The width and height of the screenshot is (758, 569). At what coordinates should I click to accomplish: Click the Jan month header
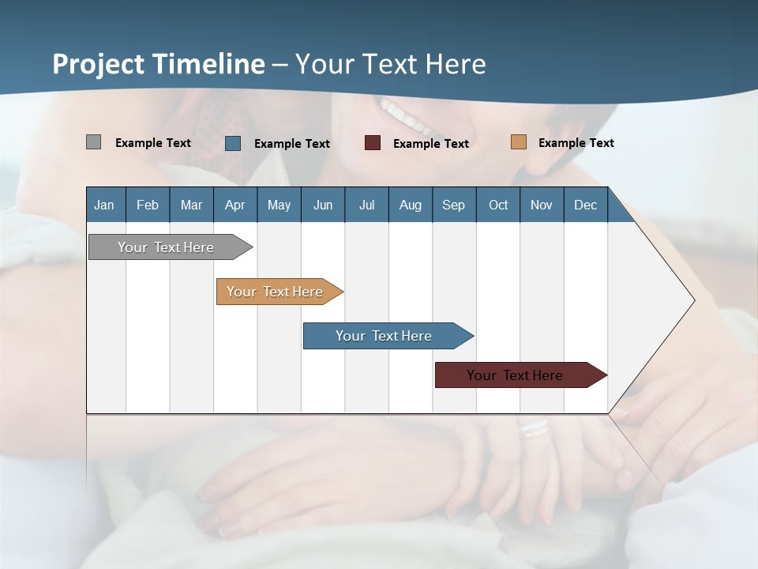104,205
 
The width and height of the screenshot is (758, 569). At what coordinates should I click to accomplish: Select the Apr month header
235,205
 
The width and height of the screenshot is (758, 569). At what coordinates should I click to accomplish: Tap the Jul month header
366,205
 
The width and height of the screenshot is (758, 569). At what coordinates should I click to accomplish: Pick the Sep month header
453,205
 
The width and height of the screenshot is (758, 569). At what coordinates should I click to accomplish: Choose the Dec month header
585,205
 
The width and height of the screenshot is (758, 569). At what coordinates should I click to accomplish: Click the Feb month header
148,205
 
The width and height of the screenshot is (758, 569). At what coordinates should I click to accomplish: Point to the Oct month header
498,205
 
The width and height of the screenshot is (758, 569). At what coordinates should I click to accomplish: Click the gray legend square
93,142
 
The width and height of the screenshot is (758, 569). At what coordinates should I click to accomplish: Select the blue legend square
233,143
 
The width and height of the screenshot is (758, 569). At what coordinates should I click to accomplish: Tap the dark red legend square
373,143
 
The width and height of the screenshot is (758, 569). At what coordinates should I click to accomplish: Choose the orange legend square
518,142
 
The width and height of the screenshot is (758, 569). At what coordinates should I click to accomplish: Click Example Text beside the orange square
576,143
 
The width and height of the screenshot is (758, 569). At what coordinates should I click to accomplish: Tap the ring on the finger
535,429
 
